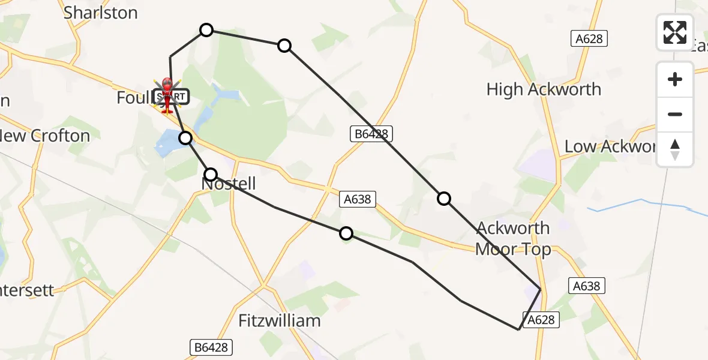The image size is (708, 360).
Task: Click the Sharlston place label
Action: (100, 13)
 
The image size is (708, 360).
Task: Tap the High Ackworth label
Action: (544, 89)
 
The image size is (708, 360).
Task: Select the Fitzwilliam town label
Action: (280, 321)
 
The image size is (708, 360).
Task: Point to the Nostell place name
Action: (229, 184)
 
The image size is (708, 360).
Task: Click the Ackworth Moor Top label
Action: (513, 238)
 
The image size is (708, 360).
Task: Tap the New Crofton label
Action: (45, 136)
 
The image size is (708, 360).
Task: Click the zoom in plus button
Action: (675, 79)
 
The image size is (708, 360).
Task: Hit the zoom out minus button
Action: (675, 114)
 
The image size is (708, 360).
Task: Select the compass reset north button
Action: (675, 149)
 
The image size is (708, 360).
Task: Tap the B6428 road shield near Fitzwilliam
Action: (212, 347)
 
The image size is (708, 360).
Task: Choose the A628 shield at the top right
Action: (589, 39)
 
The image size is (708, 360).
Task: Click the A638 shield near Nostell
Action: (358, 199)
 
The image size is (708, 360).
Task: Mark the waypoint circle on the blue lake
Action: (186, 138)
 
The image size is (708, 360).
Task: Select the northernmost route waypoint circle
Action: (206, 30)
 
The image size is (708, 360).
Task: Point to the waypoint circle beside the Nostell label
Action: (211, 175)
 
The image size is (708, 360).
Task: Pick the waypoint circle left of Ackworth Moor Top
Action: (443, 199)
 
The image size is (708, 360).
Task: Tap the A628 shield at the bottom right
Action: (541, 320)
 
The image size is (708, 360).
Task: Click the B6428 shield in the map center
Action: (371, 134)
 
